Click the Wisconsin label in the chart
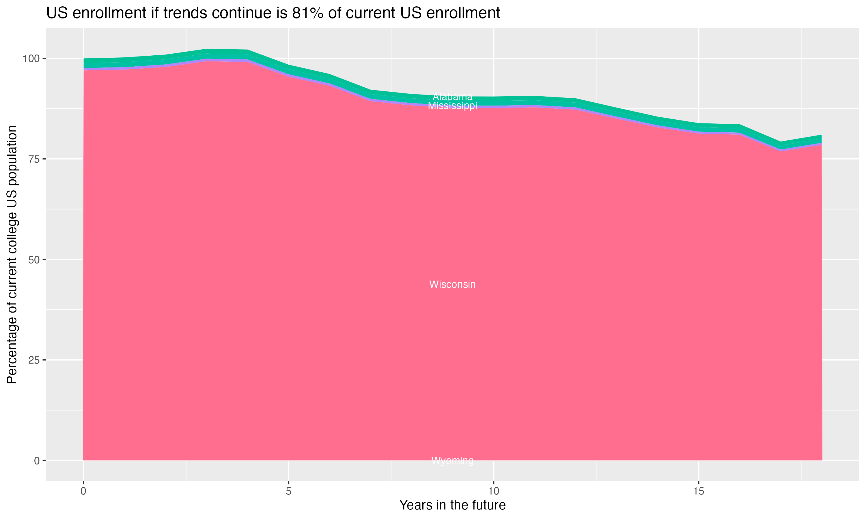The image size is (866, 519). click(452, 284)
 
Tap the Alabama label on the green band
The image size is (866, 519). click(452, 97)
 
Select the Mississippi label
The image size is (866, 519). click(452, 106)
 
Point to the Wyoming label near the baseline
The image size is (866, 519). click(452, 460)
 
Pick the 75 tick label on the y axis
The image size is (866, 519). click(33, 159)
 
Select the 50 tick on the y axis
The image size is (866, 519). click(33, 259)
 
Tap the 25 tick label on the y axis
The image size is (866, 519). click(33, 360)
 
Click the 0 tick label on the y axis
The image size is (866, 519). click(36, 460)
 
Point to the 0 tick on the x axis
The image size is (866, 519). click(83, 491)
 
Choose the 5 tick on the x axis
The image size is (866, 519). click(288, 491)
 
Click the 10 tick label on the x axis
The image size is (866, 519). click(493, 491)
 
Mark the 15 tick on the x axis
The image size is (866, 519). click(698, 491)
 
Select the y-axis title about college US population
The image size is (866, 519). click(12, 254)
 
